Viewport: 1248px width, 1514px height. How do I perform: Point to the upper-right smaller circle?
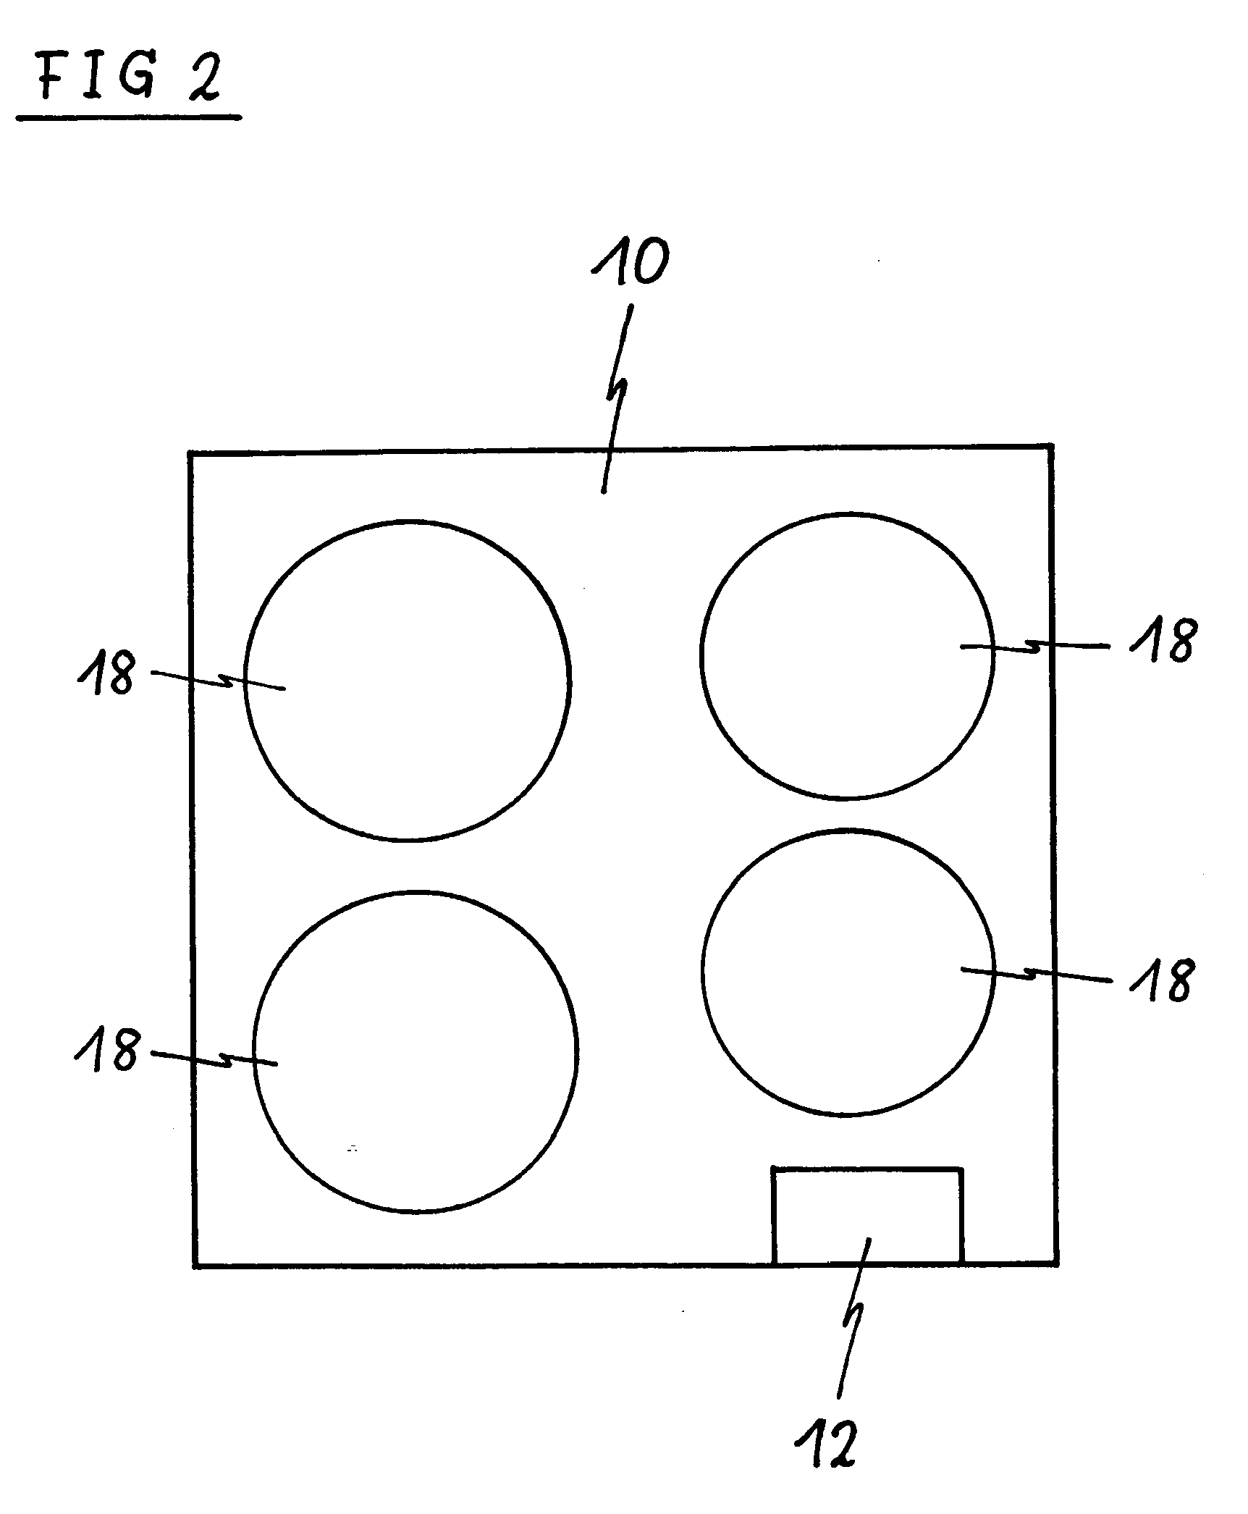click(x=701, y=656)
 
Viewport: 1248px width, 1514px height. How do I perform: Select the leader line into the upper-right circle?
click(x=1035, y=646)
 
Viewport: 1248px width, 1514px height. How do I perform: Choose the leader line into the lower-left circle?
click(x=214, y=1058)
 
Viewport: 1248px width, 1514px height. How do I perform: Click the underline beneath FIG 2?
click(x=129, y=117)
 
